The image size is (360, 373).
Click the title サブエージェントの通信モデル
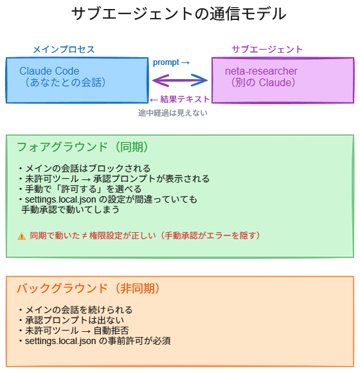[x=179, y=14]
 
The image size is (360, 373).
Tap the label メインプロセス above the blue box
[x=64, y=50]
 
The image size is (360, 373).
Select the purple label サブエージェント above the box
[x=267, y=50]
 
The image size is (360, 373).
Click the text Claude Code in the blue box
[x=50, y=71]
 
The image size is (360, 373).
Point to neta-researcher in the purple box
[x=261, y=71]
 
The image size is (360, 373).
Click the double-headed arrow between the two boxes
[x=180, y=80]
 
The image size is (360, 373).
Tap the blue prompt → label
[x=171, y=63]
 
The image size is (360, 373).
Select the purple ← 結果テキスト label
[x=179, y=100]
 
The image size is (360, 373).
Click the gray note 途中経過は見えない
[x=172, y=113]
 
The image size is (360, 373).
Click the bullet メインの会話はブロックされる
[x=84, y=168]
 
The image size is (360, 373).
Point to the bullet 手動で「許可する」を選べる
[x=80, y=189]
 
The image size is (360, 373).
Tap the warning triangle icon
[x=21, y=236]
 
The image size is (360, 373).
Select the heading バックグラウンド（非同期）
[x=88, y=288]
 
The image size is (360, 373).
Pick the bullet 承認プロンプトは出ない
[x=71, y=320]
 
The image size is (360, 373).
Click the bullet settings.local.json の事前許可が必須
[x=94, y=341]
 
